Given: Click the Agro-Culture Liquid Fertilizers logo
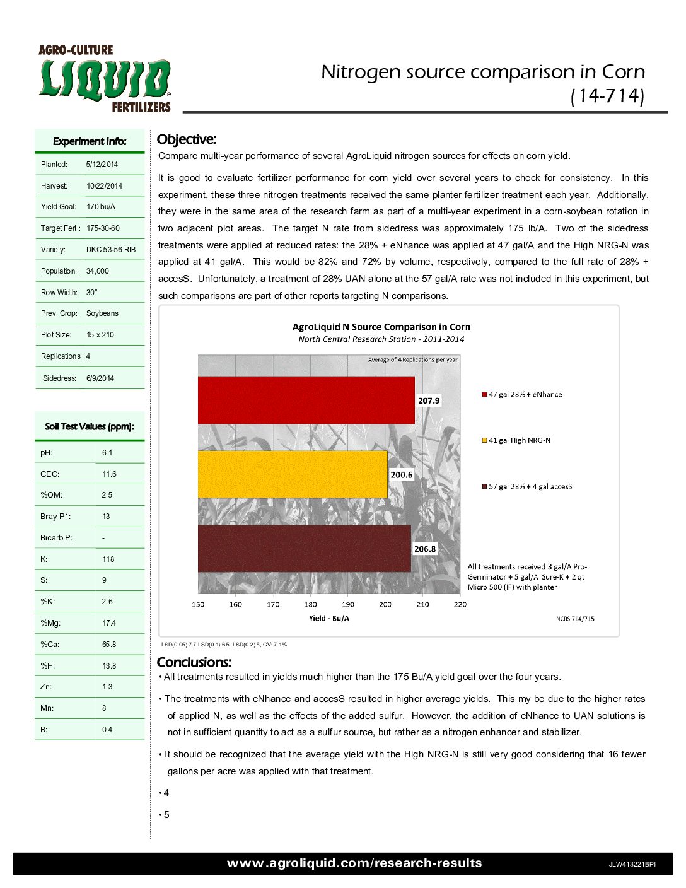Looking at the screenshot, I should click(105, 79).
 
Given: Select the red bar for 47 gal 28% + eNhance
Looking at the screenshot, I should click(306, 400).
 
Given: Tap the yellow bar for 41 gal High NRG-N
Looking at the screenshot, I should click(293, 474).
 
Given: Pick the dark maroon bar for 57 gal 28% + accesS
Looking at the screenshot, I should click(304, 549).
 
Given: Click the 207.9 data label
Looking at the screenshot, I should click(429, 400).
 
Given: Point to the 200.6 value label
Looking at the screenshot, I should click(402, 475).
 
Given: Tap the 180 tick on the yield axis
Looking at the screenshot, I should click(310, 604).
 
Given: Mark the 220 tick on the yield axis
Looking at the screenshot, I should click(460, 604).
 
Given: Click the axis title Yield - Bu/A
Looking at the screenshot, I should click(328, 618).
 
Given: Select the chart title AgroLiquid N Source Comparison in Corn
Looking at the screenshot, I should click(381, 327).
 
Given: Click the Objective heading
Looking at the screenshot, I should click(186, 139).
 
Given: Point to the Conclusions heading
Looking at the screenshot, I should click(194, 662).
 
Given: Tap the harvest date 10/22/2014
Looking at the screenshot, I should click(104, 186).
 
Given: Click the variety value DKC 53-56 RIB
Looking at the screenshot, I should click(111, 250).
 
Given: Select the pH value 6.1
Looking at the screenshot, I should click(107, 453).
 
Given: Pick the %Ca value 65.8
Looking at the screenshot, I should click(109, 645).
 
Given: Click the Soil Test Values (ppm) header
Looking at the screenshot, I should click(90, 427).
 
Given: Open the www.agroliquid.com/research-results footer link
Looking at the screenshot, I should click(354, 863).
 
